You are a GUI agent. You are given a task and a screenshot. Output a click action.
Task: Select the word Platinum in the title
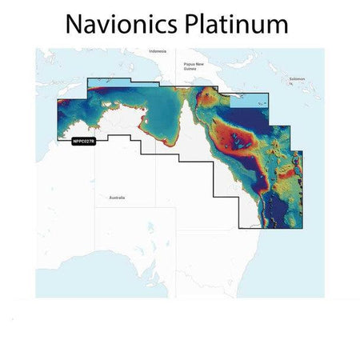(x=239, y=24)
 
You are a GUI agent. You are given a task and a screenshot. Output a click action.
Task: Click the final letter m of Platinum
(x=277, y=26)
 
